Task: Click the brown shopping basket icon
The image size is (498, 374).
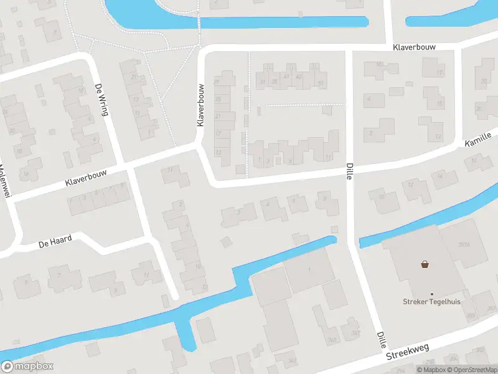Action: [426, 264]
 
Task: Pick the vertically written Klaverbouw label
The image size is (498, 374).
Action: [200, 105]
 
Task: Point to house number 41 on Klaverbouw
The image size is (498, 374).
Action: [286, 77]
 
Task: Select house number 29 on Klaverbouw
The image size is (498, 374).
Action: [217, 82]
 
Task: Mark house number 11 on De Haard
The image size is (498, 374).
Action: [146, 275]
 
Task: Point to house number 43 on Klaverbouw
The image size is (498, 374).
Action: [299, 77]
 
